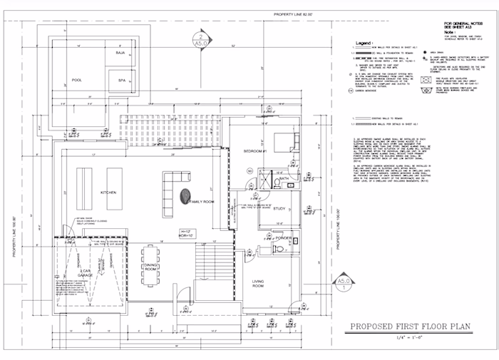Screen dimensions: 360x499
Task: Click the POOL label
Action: [77, 81]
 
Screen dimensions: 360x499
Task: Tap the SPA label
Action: [121, 81]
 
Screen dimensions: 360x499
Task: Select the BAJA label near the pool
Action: [120, 53]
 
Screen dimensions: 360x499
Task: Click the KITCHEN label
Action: [108, 193]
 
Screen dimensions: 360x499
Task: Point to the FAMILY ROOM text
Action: [202, 202]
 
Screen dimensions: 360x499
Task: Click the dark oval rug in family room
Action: [187, 194]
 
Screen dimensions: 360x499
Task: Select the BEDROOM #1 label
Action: [255, 153]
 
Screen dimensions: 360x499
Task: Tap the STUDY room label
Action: [279, 208]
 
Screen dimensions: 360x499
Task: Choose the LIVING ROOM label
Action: [258, 284]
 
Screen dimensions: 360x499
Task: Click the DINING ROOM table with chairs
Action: [150, 267]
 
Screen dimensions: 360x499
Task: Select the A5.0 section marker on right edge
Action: [344, 286]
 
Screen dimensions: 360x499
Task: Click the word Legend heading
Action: [365, 43]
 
